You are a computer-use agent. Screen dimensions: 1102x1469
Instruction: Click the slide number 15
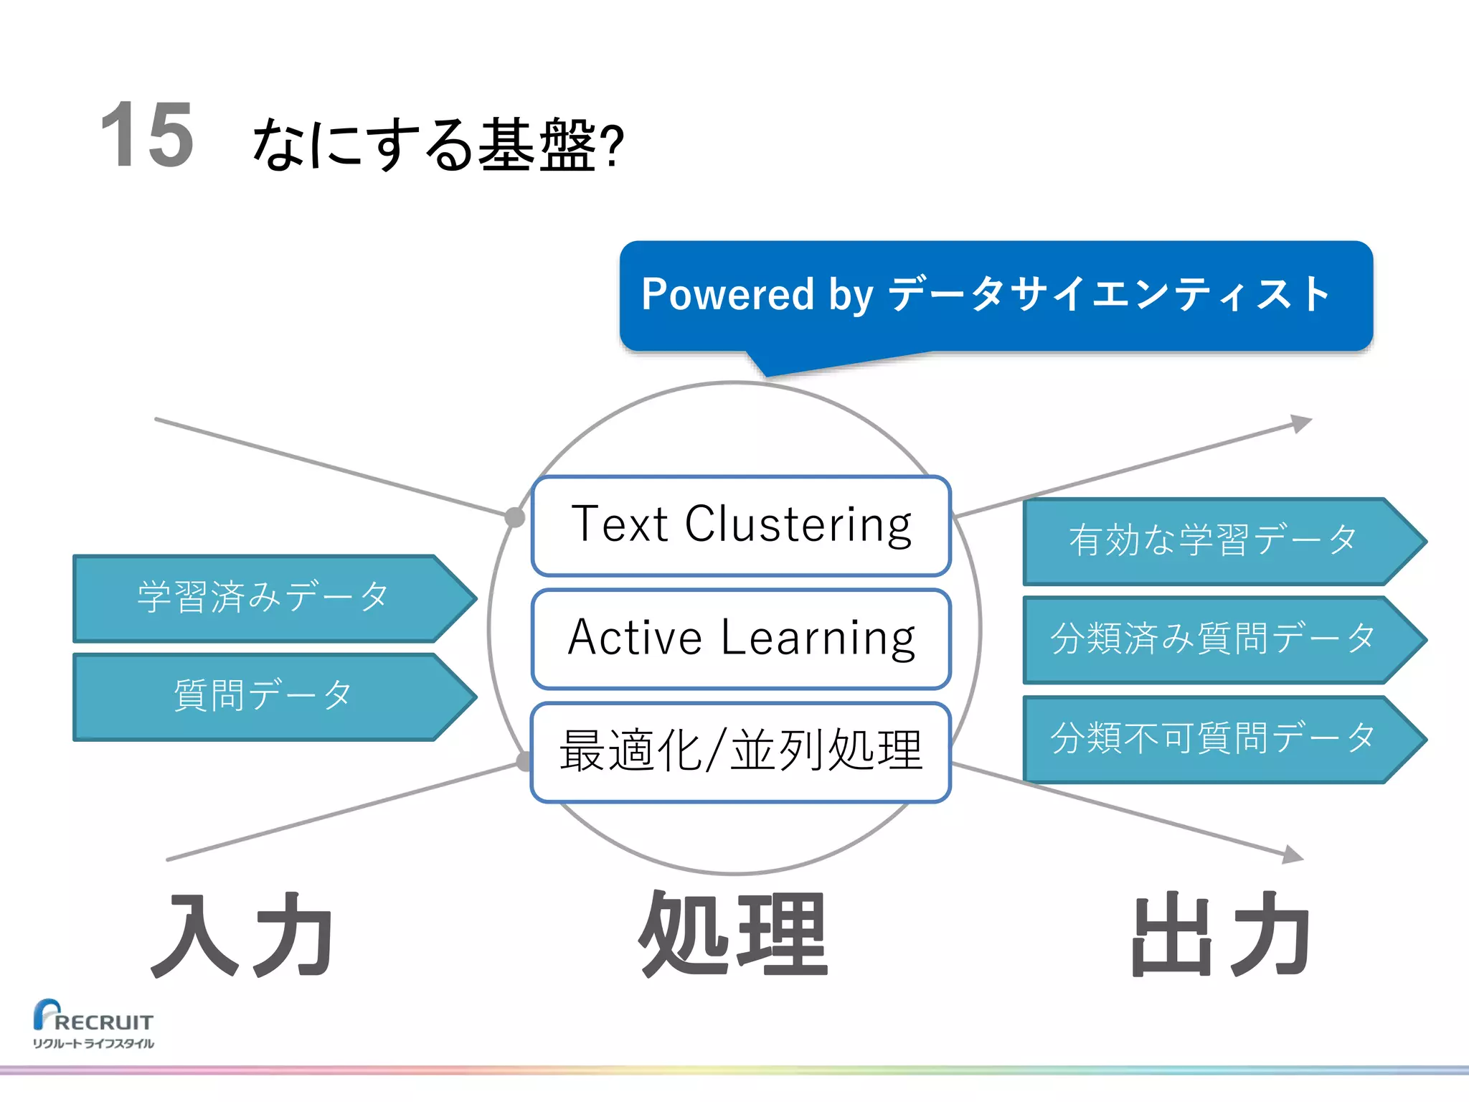147,135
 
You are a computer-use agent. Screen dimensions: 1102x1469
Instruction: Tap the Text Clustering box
741,525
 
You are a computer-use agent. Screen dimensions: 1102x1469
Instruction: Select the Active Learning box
741,638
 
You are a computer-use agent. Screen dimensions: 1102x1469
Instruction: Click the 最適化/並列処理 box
741,751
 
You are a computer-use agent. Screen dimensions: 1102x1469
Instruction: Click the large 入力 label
242,936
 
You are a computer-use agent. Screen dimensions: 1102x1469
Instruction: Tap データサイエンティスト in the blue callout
1108,294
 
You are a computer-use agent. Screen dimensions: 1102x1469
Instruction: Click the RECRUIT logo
93,1017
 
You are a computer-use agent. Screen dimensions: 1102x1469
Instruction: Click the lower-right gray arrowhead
1293,854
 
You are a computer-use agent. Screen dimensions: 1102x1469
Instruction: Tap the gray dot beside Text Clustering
514,517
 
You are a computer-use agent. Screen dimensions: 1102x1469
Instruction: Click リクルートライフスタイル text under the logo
93,1043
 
